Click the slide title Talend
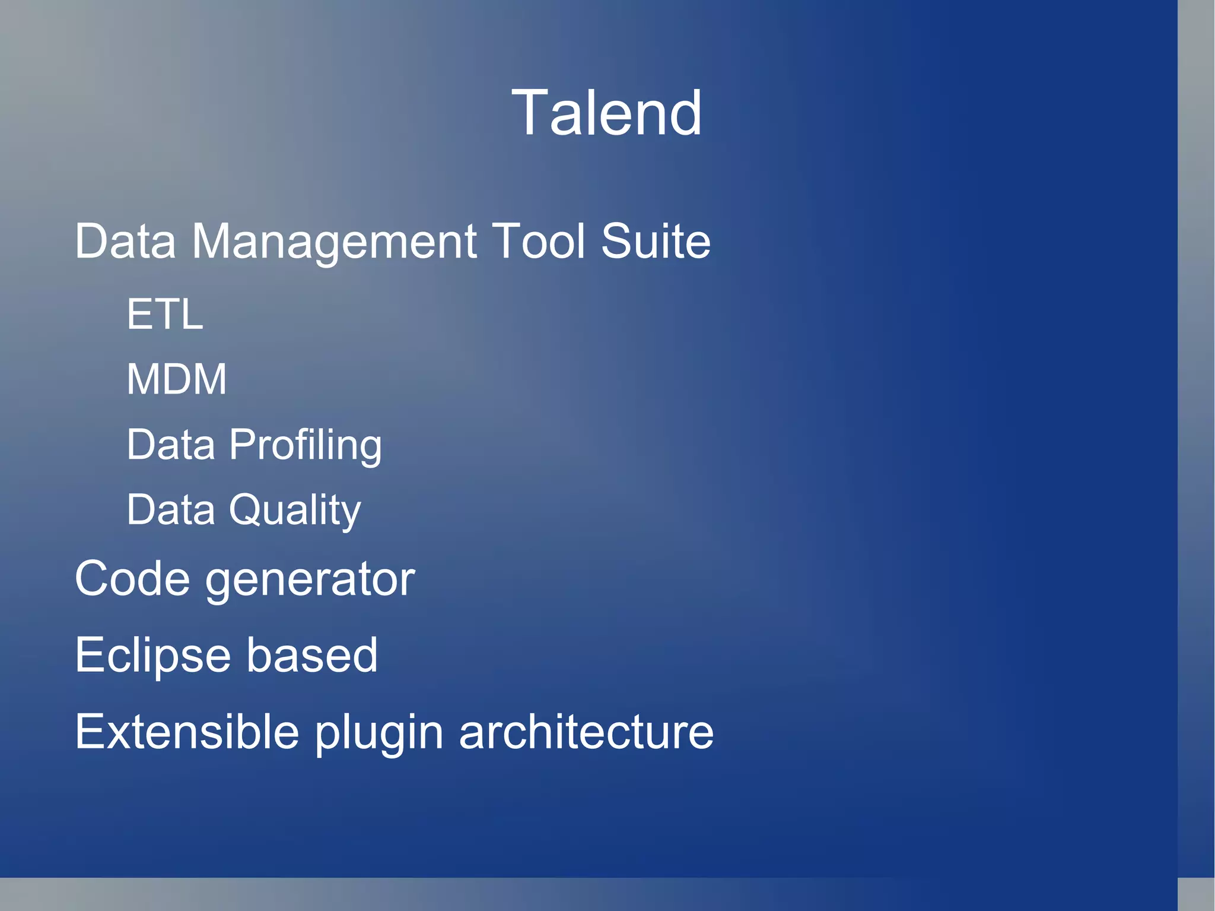(606, 113)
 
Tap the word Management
(333, 242)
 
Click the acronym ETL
(165, 314)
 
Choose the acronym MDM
(176, 379)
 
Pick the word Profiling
(305, 445)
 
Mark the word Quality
(295, 510)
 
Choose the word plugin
(379, 734)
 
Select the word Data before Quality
(171, 510)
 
